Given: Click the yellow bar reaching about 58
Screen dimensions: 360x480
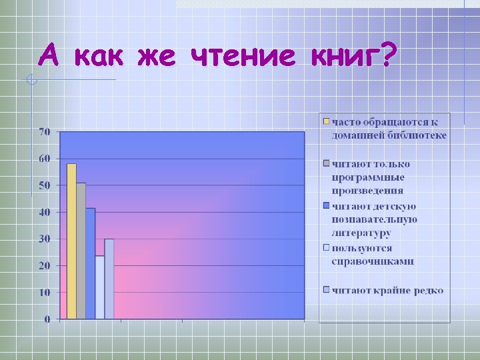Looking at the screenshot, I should [71, 241].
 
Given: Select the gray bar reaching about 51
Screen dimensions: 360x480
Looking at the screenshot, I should [81, 251].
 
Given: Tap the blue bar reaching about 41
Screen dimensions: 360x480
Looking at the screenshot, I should [90, 264].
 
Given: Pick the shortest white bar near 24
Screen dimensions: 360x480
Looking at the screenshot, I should [99, 287].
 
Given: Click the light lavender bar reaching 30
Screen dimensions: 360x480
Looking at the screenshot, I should [109, 279].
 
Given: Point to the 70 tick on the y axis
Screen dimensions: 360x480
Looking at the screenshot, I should [44, 132].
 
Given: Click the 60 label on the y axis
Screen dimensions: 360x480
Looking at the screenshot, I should [44, 159].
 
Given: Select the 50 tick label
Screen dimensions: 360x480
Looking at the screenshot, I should [44, 185].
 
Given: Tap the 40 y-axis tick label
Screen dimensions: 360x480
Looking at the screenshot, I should [44, 212].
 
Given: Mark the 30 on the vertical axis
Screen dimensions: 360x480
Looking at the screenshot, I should [44, 239].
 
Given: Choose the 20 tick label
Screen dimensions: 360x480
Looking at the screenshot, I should [44, 265].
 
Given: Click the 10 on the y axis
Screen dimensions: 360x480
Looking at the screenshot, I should [44, 292].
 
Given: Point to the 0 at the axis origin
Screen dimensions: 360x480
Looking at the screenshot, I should [47, 319].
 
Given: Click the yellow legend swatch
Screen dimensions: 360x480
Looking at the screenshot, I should [326, 122].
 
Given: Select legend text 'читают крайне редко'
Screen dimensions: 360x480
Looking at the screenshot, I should [387, 290].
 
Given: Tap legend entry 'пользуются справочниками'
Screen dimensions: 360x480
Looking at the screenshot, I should [373, 254].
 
